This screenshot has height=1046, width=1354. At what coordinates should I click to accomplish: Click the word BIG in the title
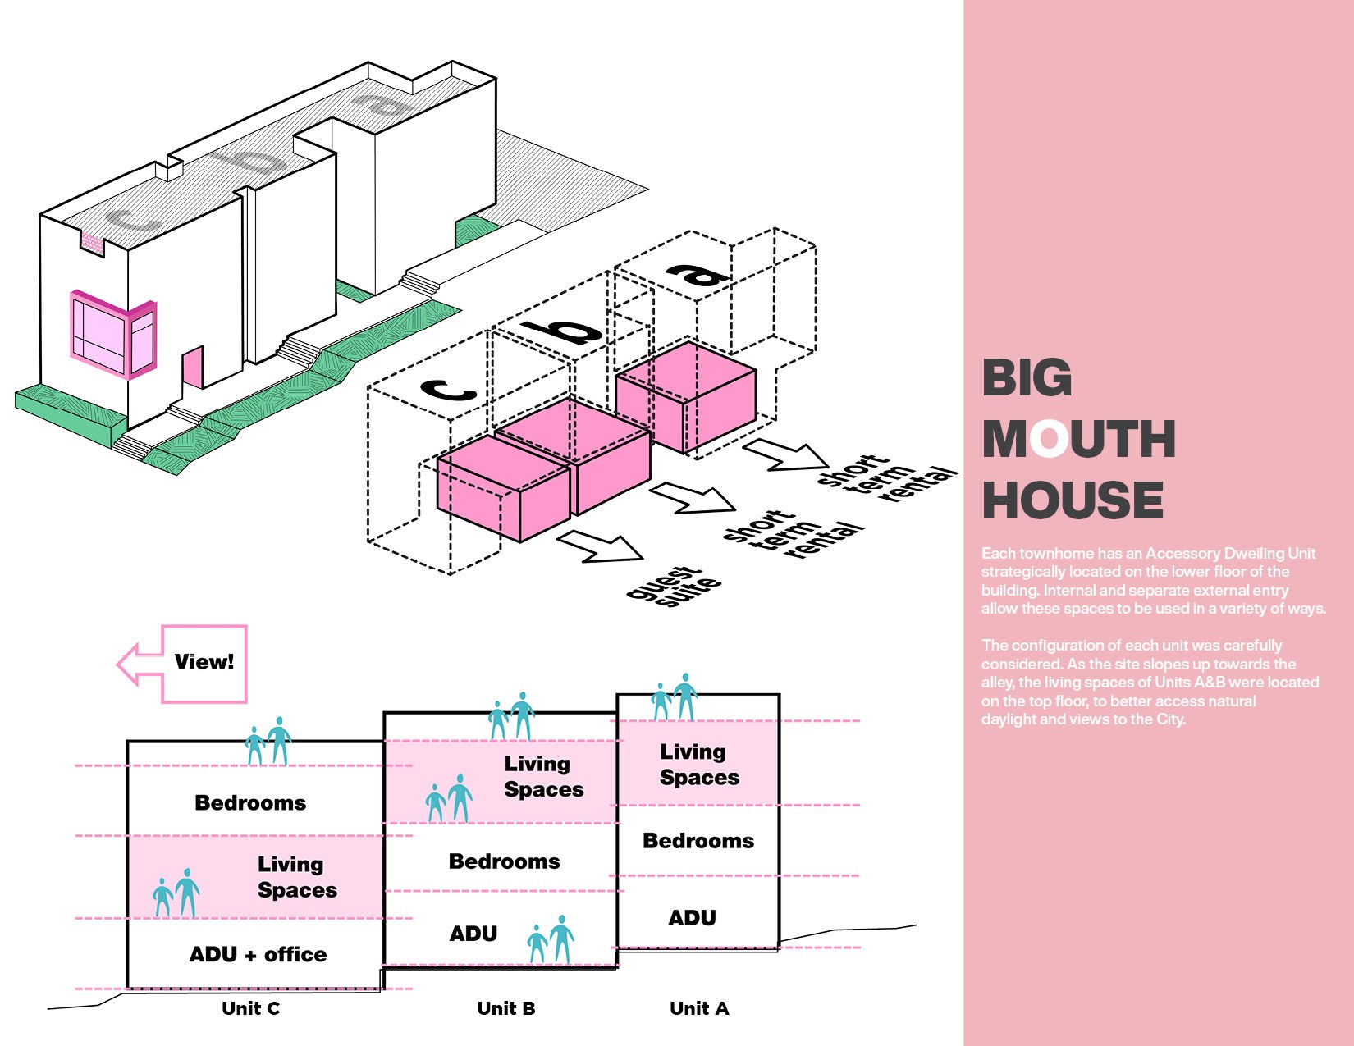tap(1027, 378)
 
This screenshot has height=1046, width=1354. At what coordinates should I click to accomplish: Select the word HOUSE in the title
tap(1073, 500)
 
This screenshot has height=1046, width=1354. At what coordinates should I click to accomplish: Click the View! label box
tap(204, 663)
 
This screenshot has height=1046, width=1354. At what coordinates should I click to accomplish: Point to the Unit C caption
tap(250, 1008)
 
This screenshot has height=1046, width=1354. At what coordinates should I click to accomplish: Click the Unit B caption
tap(506, 1008)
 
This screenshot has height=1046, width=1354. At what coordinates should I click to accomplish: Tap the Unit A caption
tap(699, 1008)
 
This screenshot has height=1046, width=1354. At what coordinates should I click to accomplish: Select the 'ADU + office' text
tap(258, 954)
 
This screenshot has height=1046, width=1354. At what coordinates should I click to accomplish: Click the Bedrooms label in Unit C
tap(250, 802)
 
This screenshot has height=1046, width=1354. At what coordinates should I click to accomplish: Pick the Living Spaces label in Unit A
tap(699, 765)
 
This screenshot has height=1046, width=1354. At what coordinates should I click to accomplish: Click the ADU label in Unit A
tap(692, 917)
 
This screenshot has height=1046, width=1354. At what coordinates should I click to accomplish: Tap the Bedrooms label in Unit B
tap(504, 861)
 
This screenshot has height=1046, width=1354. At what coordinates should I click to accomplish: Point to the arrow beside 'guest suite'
tap(600, 546)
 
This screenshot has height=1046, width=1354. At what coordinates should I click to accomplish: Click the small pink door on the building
tap(193, 368)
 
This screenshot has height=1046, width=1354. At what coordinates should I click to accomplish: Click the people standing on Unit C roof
tap(268, 742)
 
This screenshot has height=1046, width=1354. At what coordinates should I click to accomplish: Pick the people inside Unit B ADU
tap(551, 939)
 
